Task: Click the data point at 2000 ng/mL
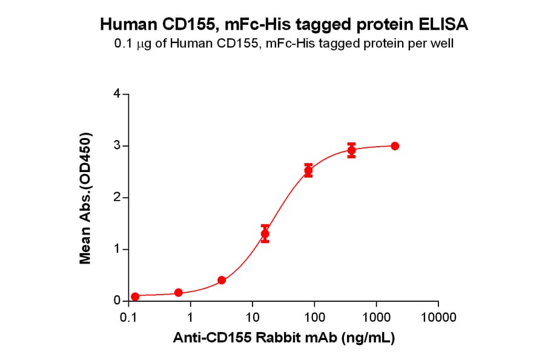[395, 146]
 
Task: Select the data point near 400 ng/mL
[351, 150]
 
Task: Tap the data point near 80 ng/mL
[308, 171]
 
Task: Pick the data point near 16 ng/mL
[265, 233]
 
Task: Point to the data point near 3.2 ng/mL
[222, 280]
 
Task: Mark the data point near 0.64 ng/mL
[178, 293]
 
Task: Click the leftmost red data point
[135, 296]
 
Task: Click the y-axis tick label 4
[116, 94]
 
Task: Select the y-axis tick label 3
[116, 146]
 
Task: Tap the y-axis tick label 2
[116, 198]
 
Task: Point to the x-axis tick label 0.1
[128, 317]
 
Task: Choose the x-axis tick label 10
[253, 317]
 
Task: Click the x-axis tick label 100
[314, 317]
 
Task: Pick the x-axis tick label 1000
[376, 317]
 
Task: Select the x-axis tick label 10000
[438, 317]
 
